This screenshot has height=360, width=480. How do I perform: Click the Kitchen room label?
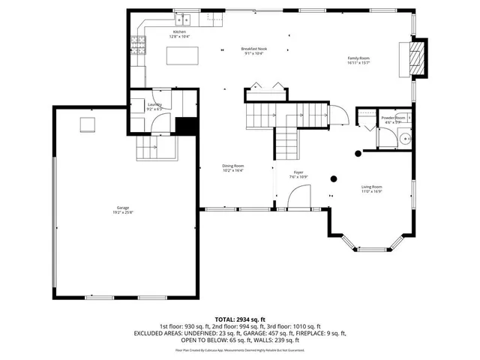click(x=179, y=32)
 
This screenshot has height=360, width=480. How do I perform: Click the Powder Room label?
click(x=393, y=118)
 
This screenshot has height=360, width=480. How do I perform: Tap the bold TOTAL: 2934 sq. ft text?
click(x=239, y=319)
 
